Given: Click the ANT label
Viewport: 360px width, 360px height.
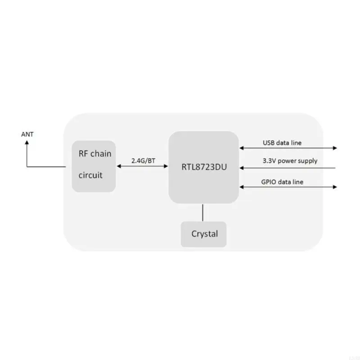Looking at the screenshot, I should (27, 134).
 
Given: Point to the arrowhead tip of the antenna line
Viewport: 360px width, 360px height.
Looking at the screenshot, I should (27, 141).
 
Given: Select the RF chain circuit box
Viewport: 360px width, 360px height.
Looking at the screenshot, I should (94, 165).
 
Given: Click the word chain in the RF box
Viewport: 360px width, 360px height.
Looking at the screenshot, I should (101, 154).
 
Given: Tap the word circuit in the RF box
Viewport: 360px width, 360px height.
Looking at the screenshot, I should (90, 175).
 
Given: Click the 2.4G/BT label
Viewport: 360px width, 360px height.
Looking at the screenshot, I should (143, 160).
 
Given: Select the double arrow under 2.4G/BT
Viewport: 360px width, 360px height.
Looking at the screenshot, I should (142, 167).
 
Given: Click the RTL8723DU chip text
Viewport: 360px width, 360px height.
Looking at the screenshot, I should (203, 167).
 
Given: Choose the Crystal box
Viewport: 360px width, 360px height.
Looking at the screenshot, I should (204, 234).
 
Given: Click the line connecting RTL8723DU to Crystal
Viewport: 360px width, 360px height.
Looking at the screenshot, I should (203, 212).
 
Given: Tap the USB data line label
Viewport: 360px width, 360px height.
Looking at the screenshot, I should (282, 143).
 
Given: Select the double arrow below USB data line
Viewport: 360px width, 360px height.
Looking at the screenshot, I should (288, 148).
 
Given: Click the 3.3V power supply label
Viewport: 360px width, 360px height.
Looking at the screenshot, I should (290, 161).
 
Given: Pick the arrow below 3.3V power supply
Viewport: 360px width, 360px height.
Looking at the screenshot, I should (288, 168).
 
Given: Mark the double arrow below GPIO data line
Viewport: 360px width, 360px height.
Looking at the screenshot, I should (288, 186).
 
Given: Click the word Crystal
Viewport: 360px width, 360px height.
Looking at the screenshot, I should (204, 234).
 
